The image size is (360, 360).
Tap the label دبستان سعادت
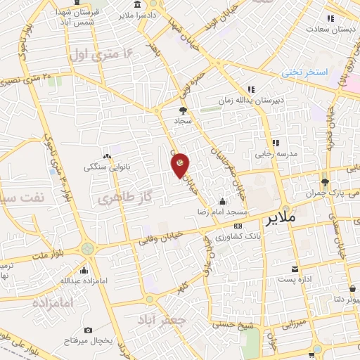[329, 30]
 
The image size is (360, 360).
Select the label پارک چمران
[336, 191]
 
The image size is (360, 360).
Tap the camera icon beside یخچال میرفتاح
[88, 330]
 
